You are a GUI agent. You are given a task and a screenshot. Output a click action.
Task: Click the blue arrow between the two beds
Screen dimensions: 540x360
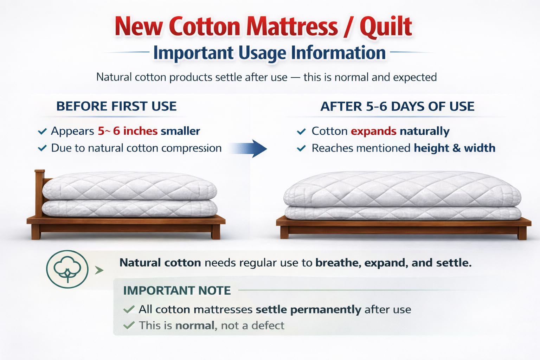[248, 148]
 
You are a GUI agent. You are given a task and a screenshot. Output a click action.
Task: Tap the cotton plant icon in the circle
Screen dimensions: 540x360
[67, 269]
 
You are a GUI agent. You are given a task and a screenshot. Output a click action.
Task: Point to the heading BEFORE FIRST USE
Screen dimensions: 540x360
[116, 106]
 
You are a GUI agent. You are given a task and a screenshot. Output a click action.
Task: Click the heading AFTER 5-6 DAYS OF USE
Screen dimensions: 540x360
[397, 106]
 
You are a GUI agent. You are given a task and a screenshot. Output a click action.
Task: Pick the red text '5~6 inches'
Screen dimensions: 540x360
[128, 131]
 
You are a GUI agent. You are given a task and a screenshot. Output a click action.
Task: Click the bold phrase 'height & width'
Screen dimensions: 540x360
[455, 148]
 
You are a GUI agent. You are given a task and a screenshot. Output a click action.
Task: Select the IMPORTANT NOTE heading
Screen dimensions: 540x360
[177, 290]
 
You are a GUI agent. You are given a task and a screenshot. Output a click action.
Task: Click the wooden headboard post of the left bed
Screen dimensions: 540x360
[39, 193]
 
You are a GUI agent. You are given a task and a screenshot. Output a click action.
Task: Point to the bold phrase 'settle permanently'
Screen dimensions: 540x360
[309, 310]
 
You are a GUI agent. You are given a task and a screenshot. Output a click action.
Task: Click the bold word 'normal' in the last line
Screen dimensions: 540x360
[195, 326]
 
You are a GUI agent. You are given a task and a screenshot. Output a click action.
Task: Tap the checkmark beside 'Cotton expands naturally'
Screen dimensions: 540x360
[301, 131]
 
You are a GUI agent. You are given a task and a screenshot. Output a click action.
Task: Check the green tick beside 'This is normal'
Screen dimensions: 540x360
[129, 325]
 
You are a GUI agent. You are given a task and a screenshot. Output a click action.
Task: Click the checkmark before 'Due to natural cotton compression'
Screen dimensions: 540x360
[42, 148]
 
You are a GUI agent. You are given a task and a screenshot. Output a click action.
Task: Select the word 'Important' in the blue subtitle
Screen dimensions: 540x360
[193, 53]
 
